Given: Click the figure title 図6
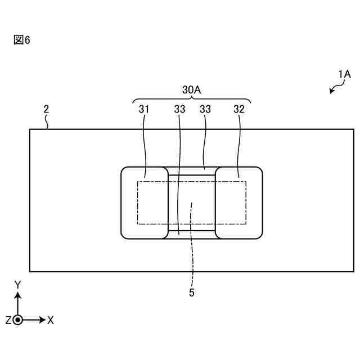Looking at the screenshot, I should point(21,41).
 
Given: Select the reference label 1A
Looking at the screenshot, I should point(344,74).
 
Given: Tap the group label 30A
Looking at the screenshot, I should point(191,89).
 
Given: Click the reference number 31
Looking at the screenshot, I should point(144,109).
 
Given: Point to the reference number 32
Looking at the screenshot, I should point(239,109).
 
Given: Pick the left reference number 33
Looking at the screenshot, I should point(179,109).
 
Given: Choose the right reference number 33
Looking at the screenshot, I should point(205,109).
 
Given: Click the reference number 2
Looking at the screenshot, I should point(46,110).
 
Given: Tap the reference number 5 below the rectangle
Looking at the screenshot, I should point(192,292).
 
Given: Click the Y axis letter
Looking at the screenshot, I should point(17,284).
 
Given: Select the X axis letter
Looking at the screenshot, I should point(51,320).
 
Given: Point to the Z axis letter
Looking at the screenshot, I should point(8,320).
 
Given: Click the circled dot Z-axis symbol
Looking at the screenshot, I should point(18,320).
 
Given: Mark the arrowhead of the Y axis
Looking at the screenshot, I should point(18,295).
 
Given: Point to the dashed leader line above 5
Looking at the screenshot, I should point(192,247).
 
